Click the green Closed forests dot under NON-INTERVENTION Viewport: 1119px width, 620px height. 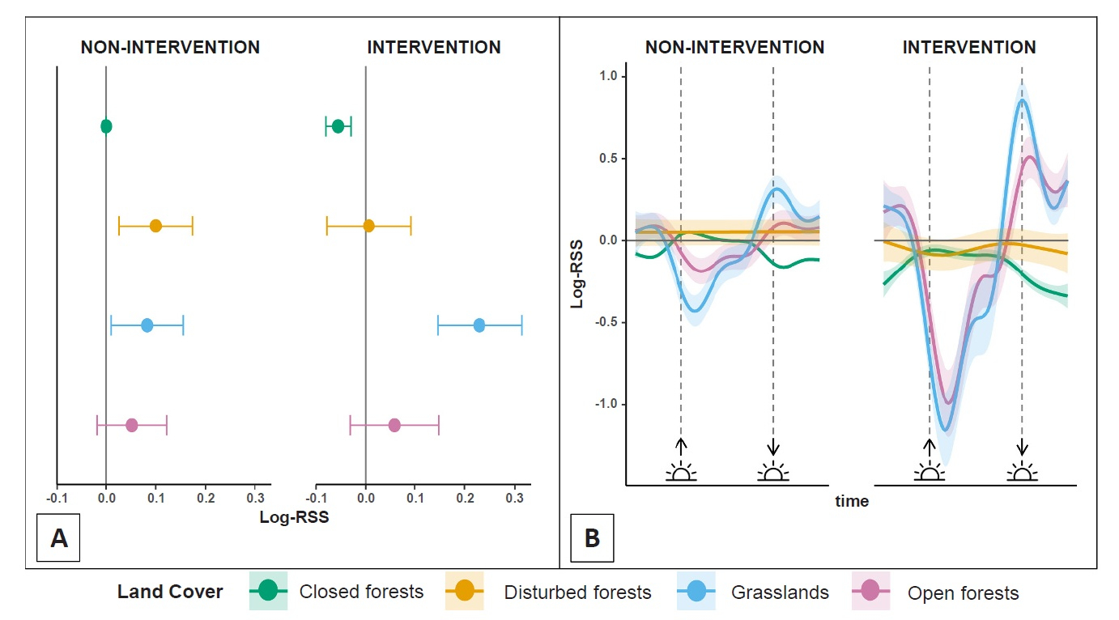(106, 126)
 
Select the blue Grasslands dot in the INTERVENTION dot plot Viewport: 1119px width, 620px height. (479, 325)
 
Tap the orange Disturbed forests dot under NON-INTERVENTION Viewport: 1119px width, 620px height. (155, 226)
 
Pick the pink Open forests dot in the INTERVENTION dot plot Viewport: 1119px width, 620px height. (394, 425)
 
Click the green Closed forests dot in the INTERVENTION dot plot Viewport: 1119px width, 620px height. (338, 126)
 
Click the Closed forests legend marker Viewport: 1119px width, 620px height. (268, 592)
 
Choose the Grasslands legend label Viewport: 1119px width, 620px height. (779, 592)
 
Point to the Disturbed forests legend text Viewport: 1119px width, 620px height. (577, 592)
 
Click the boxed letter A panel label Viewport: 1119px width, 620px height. (59, 538)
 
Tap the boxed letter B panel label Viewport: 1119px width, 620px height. (592, 538)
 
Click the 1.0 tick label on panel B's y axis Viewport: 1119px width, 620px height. (607, 77)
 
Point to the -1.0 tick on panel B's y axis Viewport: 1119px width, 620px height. (605, 404)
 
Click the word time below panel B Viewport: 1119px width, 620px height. (852, 502)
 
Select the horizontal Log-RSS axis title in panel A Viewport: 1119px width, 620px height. (294, 516)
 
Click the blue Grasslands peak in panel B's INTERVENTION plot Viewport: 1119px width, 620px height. (1023, 100)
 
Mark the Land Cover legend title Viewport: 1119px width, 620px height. (170, 592)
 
